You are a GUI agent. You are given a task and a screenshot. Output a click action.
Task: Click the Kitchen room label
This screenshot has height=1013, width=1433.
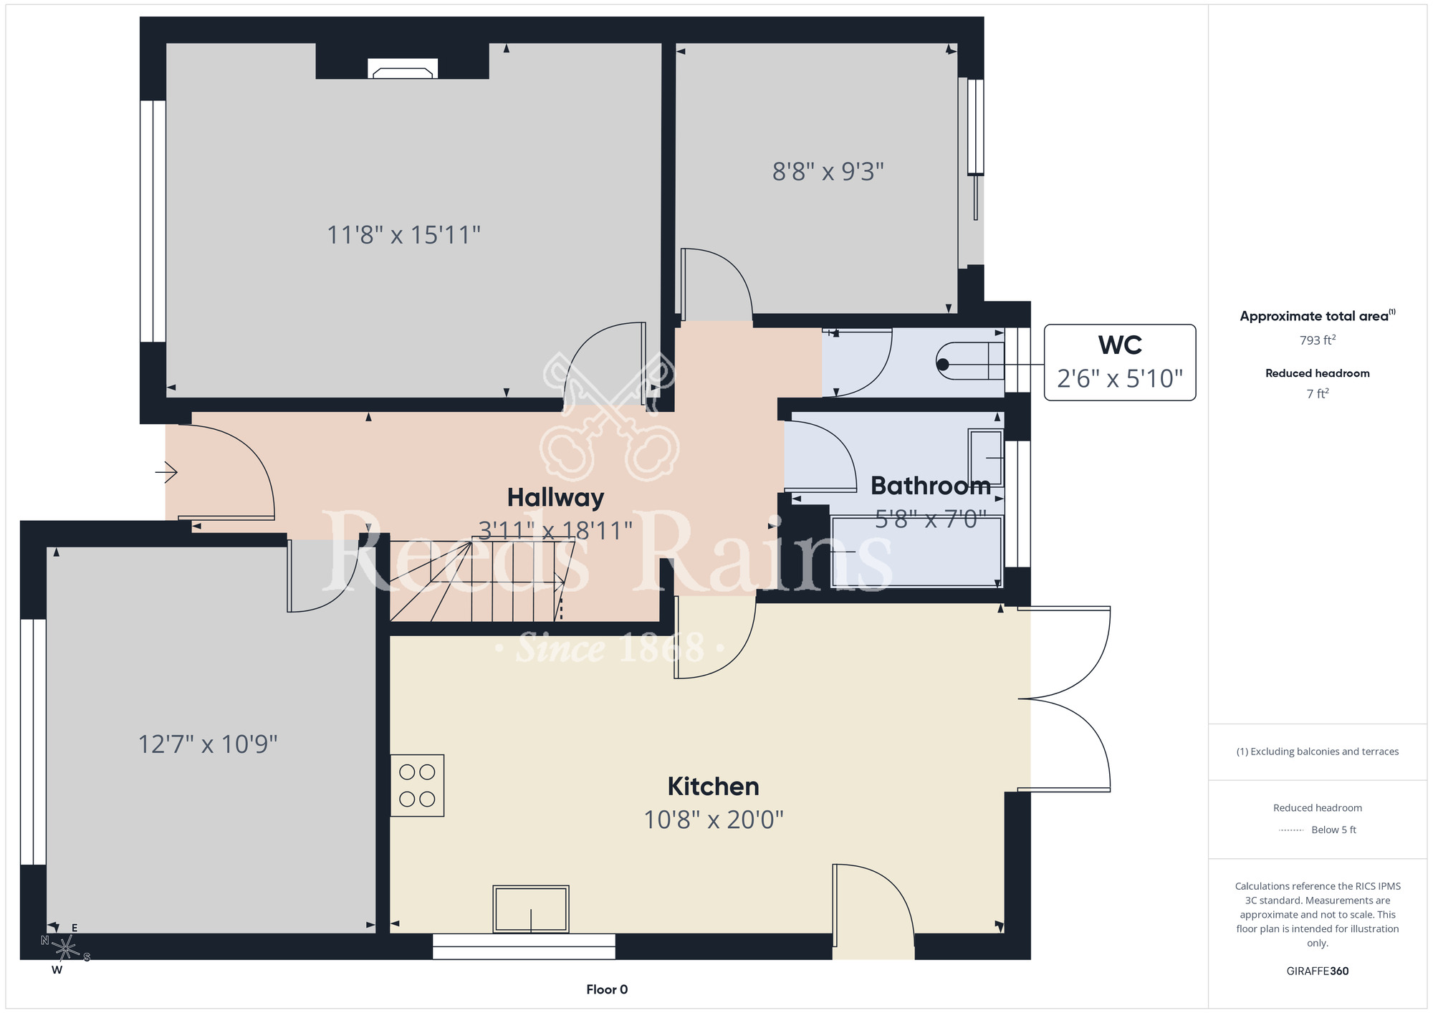tap(713, 786)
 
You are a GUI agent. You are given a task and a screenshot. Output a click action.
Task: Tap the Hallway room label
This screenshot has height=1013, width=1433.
tap(555, 497)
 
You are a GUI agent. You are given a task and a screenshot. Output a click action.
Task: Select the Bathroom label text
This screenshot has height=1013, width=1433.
tap(931, 486)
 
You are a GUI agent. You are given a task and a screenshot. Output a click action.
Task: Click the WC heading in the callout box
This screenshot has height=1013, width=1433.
tap(1120, 345)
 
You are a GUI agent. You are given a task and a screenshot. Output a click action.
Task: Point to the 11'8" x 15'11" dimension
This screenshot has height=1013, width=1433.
tap(403, 235)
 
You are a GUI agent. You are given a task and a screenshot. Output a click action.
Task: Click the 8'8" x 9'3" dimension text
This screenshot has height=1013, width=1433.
tap(828, 172)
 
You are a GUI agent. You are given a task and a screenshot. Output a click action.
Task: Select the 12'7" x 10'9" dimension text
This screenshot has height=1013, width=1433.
tap(207, 744)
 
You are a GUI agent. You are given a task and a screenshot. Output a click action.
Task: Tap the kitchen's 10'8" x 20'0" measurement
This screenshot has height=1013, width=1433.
tap(713, 820)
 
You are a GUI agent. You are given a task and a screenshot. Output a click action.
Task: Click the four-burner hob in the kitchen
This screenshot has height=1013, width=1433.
tap(417, 785)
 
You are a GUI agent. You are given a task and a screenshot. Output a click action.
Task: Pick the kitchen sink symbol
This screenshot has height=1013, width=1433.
tap(531, 909)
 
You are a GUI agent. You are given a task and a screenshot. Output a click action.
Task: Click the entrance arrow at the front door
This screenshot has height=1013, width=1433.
tap(166, 473)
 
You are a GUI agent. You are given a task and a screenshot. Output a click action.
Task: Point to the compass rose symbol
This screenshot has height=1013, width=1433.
tap(65, 949)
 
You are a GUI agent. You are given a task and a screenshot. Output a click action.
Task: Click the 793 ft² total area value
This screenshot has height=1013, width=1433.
tap(1317, 340)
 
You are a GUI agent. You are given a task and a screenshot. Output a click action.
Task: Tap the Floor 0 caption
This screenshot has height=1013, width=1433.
tap(607, 989)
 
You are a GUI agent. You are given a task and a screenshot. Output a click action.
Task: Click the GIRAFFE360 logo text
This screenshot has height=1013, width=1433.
tap(1317, 971)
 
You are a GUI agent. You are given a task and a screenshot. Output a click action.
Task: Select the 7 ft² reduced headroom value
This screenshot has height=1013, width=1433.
tap(1317, 393)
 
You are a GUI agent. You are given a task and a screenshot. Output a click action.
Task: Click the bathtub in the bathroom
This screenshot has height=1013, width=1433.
tap(916, 552)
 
